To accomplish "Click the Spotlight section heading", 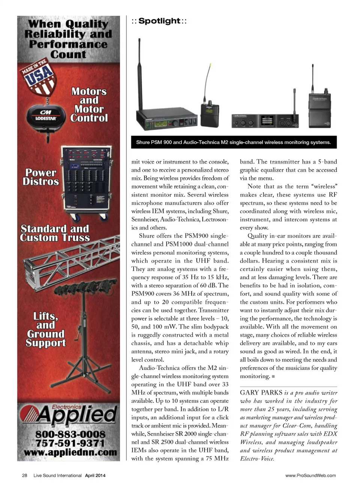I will point(159,21).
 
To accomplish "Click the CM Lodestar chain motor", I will point(46,115).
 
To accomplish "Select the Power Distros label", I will point(41,177).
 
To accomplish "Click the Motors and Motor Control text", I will point(89,105).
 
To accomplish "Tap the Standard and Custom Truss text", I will point(55,233).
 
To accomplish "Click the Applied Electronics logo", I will point(69,415).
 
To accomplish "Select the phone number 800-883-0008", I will point(70,434).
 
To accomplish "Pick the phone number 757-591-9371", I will point(70,443).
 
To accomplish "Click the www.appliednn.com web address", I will point(70,452).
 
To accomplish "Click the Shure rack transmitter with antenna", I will point(166,118).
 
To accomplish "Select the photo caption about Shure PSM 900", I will point(233,142).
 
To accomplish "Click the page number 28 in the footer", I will point(25,475).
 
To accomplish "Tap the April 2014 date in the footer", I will point(95,475).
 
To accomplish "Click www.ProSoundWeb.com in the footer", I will point(310,475).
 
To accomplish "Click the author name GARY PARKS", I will point(261,392).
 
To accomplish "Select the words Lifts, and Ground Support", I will point(46,329).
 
